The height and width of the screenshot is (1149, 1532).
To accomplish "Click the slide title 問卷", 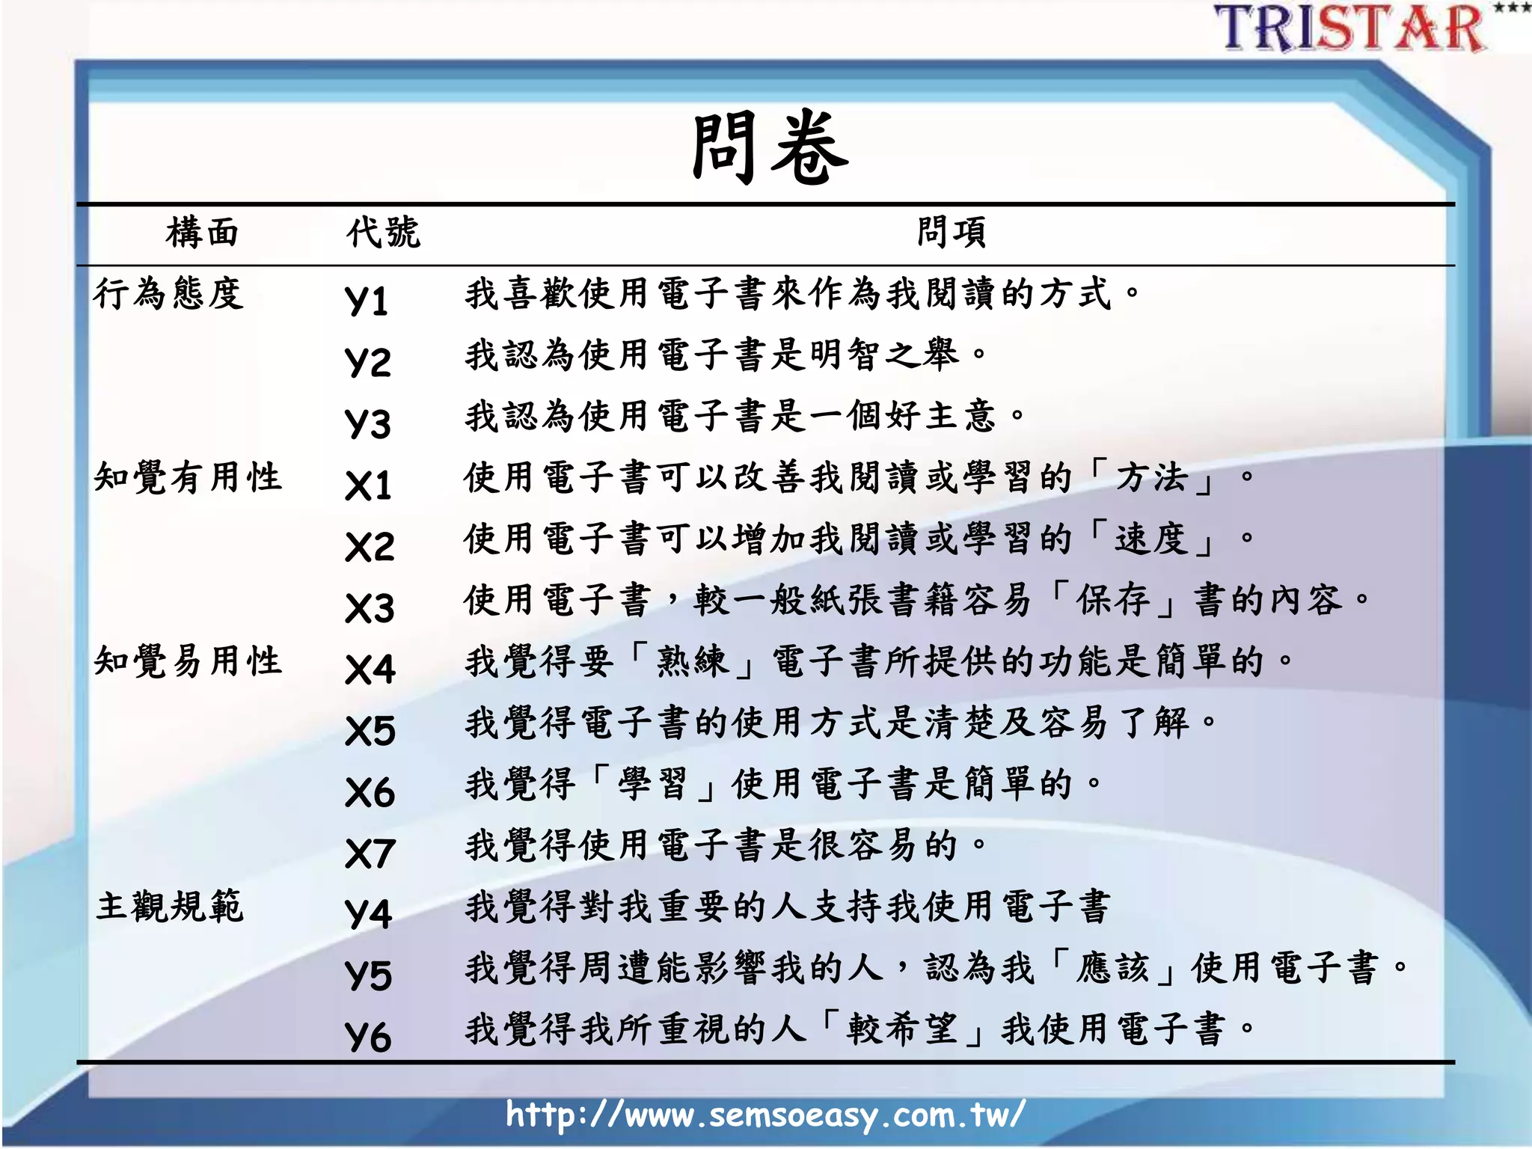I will (770, 147).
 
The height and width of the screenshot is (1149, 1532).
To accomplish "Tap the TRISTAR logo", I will (1351, 28).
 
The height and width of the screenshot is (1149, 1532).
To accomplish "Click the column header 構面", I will (202, 232).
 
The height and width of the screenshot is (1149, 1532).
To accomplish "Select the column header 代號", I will (383, 232).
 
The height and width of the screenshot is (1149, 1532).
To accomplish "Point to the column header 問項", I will (952, 232).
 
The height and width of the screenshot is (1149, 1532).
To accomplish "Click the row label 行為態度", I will (169, 292).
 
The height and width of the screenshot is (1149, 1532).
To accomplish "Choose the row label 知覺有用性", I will (188, 477).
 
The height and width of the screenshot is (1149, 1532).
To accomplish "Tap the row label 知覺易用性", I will (188, 661).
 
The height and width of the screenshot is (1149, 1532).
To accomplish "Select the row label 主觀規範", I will (170, 906).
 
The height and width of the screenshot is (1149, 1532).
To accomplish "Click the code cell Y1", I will (367, 300).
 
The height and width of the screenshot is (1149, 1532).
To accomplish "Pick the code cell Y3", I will (368, 423).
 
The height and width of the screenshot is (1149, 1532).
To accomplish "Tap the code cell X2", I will (370, 546).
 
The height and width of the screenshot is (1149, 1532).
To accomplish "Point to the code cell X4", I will (370, 669).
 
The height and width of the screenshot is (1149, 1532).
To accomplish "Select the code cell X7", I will (370, 853).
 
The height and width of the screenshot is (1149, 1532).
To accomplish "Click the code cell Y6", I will (368, 1037).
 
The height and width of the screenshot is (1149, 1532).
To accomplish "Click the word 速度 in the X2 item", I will (1151, 538).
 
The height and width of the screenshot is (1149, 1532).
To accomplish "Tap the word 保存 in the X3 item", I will (1112, 599).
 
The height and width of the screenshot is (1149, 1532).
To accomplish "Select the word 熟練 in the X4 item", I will (692, 661).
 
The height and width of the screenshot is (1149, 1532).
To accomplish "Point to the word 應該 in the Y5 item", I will (1112, 967).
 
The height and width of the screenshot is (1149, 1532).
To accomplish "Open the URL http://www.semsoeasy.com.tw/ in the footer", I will (765, 1115).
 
